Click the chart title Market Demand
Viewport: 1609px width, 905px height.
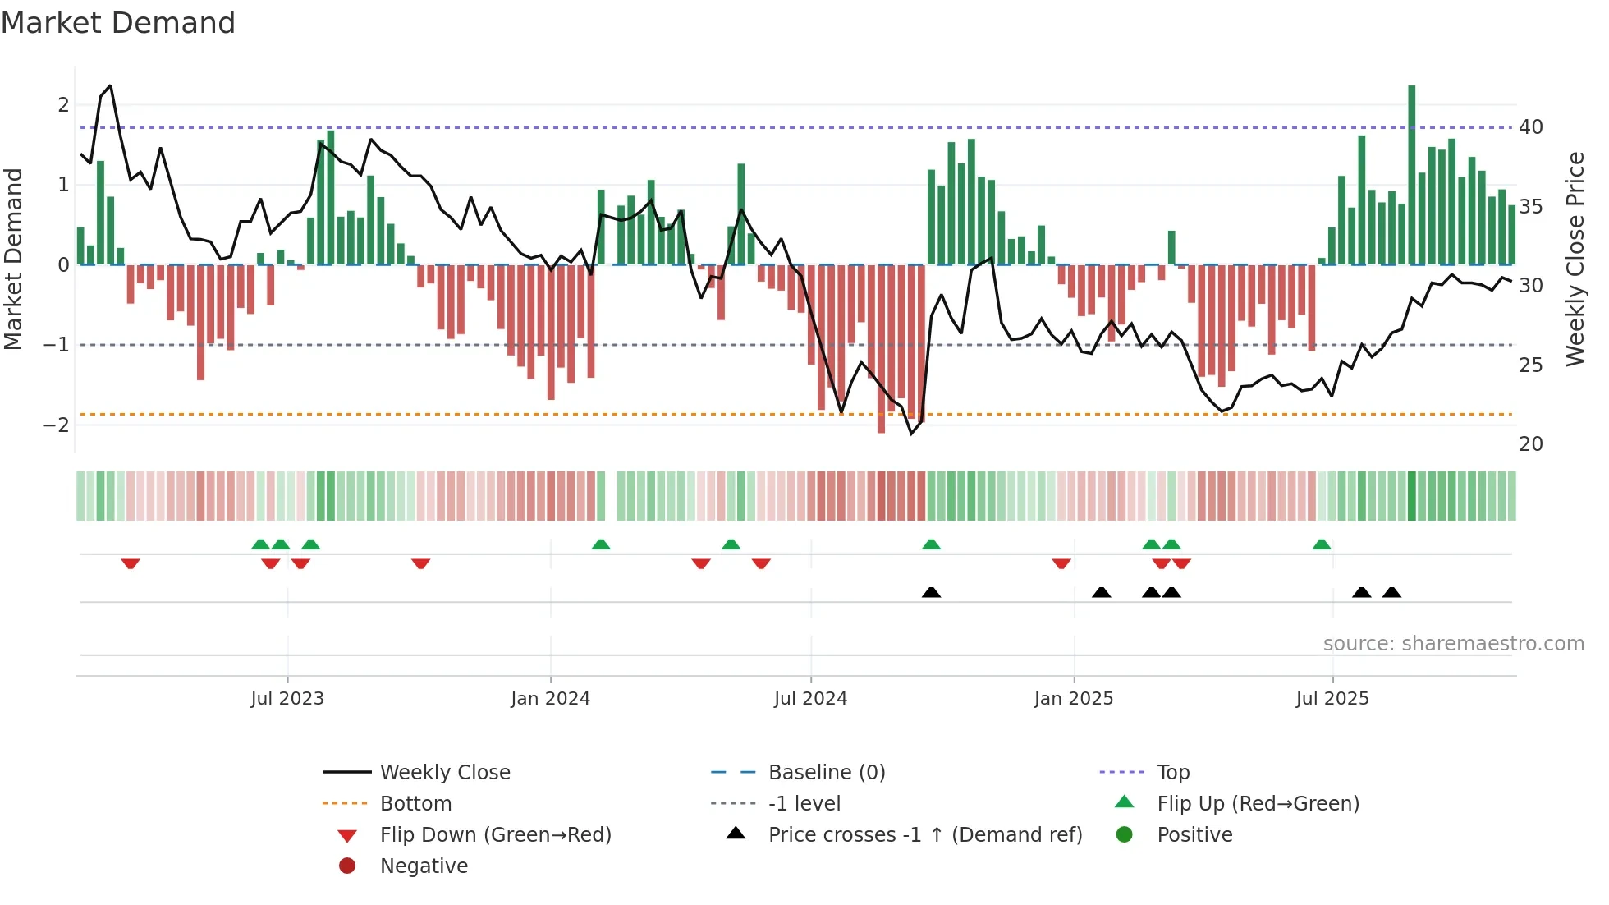tap(118, 23)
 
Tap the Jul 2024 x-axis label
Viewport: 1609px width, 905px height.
tap(810, 699)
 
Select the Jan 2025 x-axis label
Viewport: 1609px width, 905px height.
tap(1073, 699)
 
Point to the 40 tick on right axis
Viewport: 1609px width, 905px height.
tap(1530, 127)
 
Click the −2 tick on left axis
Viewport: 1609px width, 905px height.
tap(56, 425)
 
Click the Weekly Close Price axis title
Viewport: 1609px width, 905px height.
tap(1575, 259)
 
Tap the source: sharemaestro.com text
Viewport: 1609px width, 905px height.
tap(1453, 644)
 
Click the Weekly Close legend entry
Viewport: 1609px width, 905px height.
tap(444, 773)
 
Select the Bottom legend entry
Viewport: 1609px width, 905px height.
tap(415, 804)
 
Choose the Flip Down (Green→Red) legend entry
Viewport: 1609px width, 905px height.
tap(495, 835)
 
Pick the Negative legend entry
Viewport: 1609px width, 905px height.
tap(424, 866)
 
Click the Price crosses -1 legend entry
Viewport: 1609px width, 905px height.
tap(924, 835)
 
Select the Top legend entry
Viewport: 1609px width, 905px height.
tap(1172, 773)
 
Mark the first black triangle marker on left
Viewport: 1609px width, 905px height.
tap(931, 592)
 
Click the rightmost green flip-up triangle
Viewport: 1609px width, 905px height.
tap(1321, 544)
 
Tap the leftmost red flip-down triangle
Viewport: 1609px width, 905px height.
tap(131, 563)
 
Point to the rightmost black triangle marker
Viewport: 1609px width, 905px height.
tap(1391, 592)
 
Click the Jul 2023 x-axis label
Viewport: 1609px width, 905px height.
tap(287, 699)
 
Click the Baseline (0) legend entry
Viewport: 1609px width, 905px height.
tap(826, 773)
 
